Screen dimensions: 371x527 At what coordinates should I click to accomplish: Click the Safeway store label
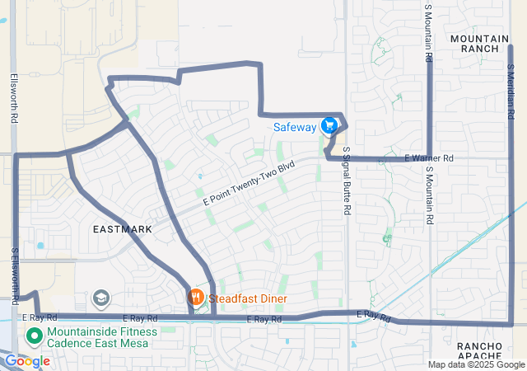[295, 127]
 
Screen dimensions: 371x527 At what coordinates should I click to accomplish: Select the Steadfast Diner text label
[252, 297]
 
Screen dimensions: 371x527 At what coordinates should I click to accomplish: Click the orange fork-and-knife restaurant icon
[195, 296]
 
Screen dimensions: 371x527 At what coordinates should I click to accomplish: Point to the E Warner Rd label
[428, 157]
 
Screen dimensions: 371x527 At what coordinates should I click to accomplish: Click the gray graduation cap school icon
[100, 297]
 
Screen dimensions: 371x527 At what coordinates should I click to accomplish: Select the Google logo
[27, 361]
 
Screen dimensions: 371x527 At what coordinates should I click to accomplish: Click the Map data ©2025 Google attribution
[475, 364]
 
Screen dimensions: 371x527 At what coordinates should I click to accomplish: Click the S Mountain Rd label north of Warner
[428, 33]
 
